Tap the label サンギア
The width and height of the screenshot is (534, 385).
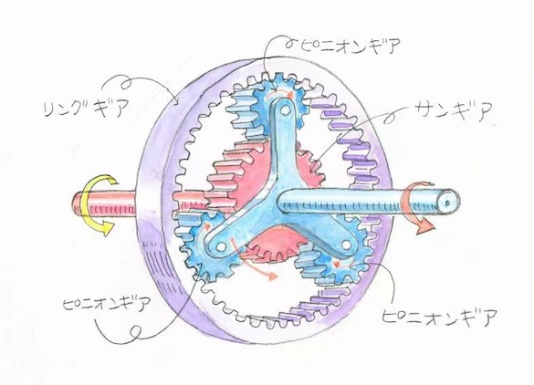454,110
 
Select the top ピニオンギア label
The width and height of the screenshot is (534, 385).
351,46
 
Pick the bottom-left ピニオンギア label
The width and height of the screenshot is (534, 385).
106,302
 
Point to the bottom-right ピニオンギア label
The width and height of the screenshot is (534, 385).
439,317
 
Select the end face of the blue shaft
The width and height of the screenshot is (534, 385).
448,203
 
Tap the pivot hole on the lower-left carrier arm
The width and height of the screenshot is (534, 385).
222,245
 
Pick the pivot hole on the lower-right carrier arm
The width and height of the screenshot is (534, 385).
346,245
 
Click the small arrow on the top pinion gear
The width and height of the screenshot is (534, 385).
280,95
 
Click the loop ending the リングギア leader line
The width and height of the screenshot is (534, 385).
127,83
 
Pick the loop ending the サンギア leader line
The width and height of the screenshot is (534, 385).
390,119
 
